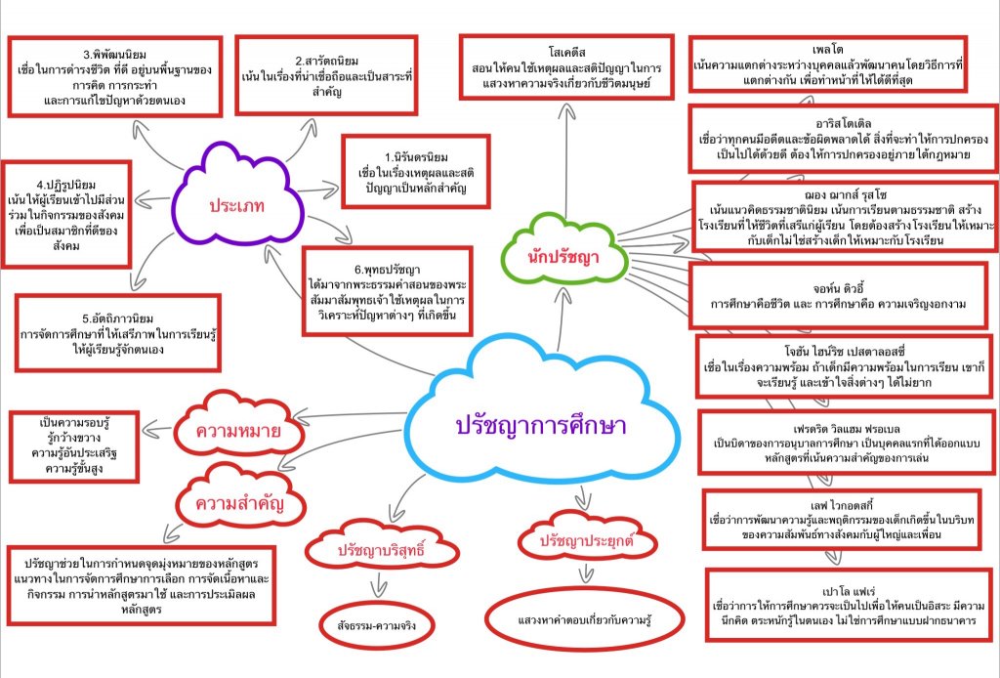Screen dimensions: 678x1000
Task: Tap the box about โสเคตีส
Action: click(566, 66)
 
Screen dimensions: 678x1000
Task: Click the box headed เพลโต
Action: click(827, 64)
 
